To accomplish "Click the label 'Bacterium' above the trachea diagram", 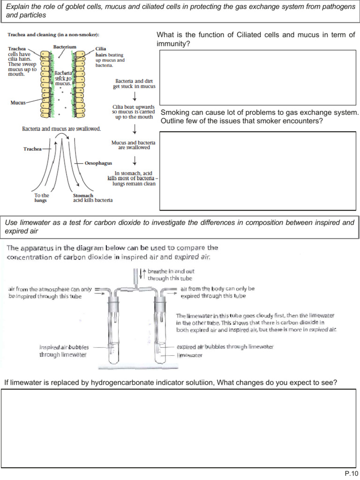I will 65,47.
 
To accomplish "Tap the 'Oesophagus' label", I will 98,163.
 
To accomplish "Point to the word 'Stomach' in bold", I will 83,195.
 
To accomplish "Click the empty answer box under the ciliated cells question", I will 257,77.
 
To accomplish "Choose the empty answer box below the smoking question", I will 257,171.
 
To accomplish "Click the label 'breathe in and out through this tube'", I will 171,275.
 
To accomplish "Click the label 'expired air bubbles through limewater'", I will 225,347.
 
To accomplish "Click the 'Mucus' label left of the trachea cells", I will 17,102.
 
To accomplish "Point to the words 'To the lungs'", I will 42,198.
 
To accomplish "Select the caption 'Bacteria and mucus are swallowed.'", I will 61,129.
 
